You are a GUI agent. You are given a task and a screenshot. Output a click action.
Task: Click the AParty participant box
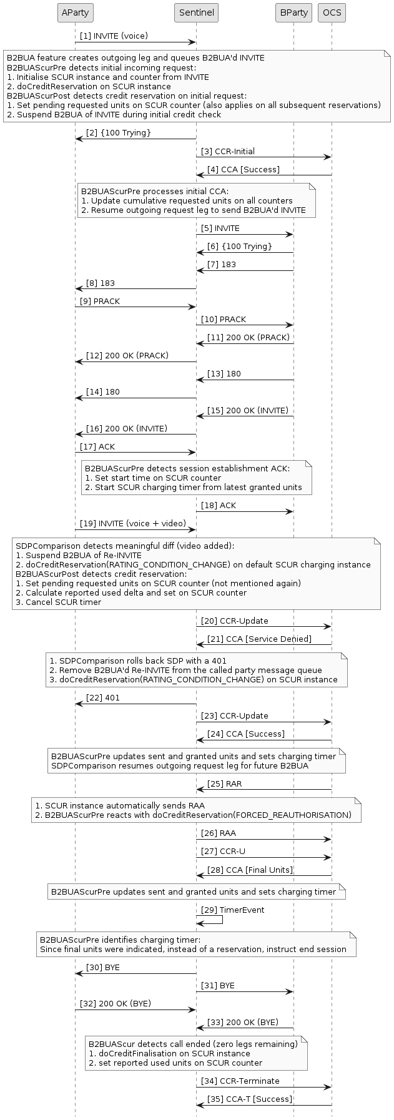pos(75,12)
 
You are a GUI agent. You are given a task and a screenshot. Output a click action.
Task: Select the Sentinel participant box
pos(196,12)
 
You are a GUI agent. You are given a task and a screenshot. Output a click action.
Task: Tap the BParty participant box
pos(293,12)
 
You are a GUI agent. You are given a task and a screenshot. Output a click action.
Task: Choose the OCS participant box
pos(332,12)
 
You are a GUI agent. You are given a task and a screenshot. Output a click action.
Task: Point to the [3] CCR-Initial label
pos(227,151)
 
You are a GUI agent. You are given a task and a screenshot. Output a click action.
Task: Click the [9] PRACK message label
pos(99,301)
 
